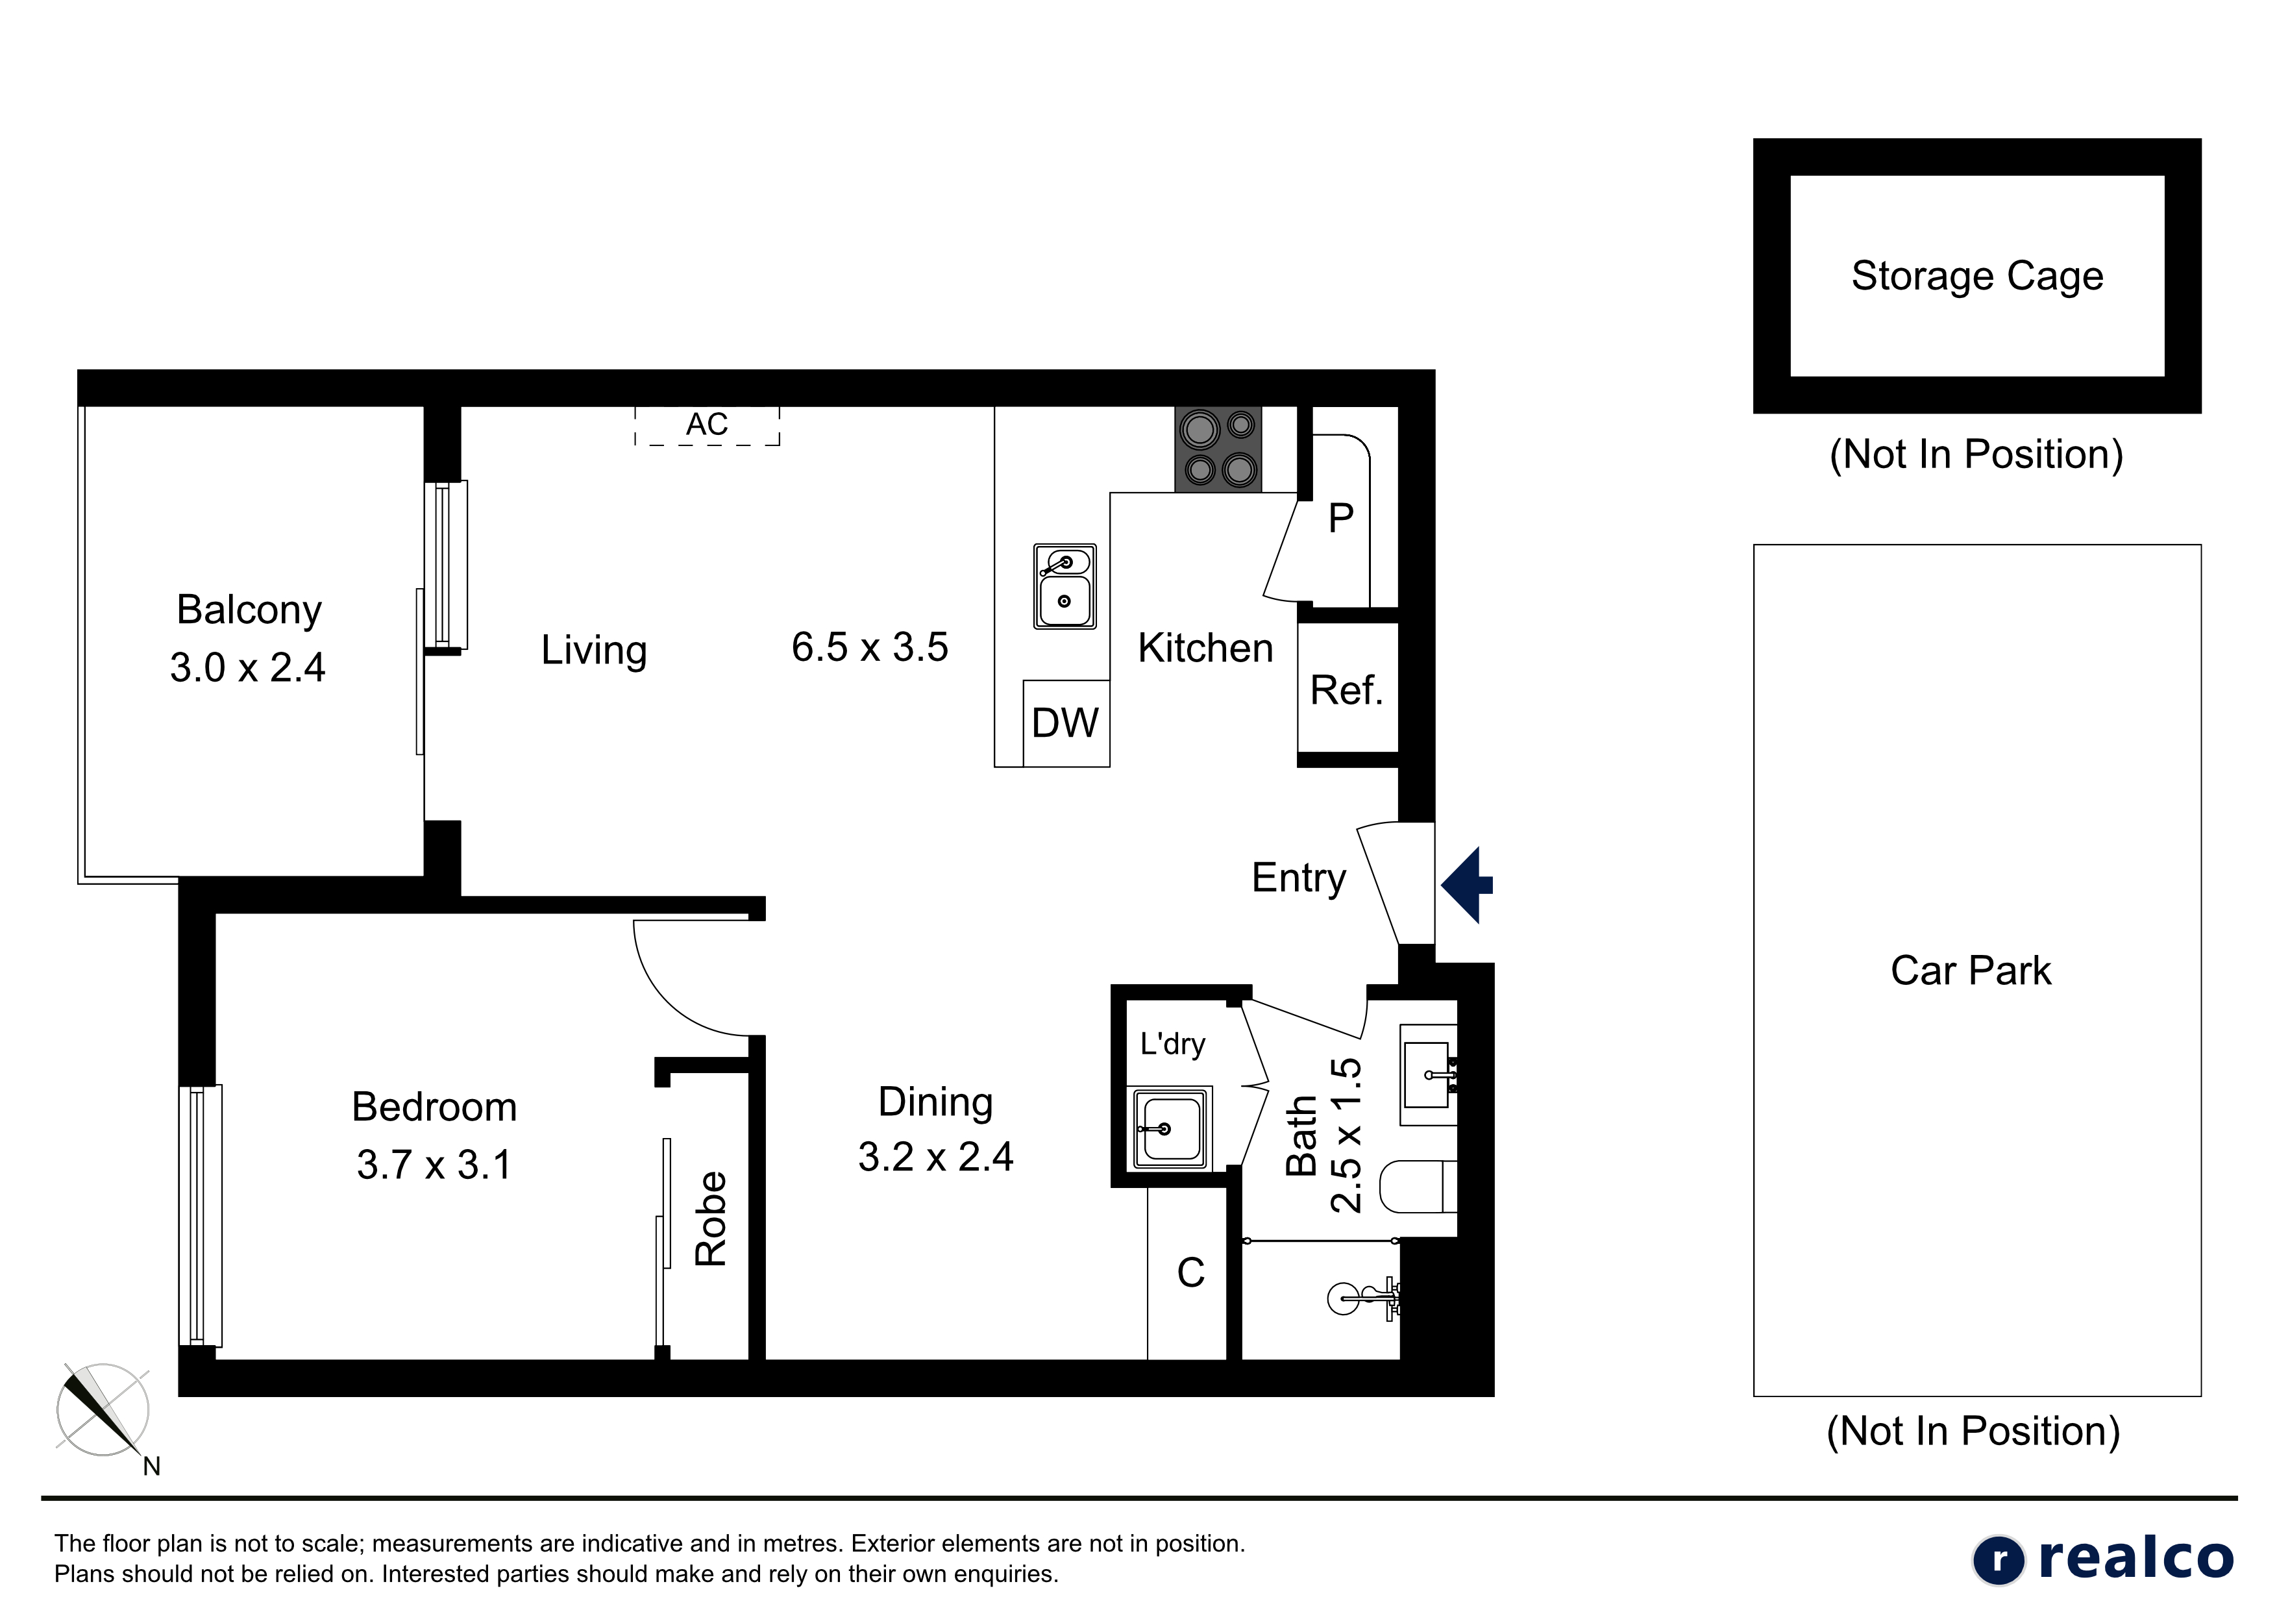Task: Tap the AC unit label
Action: (707, 425)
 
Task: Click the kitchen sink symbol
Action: (1065, 586)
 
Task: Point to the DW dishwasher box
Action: (1066, 723)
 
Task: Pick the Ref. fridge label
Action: (1347, 691)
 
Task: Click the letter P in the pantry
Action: (1341, 518)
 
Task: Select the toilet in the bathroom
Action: (1418, 1187)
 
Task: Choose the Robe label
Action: (711, 1219)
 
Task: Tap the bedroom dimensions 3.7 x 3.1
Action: (434, 1165)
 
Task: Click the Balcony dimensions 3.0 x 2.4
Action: (248, 667)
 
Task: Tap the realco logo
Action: (2102, 1559)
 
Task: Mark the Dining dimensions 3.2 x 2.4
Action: (935, 1157)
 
